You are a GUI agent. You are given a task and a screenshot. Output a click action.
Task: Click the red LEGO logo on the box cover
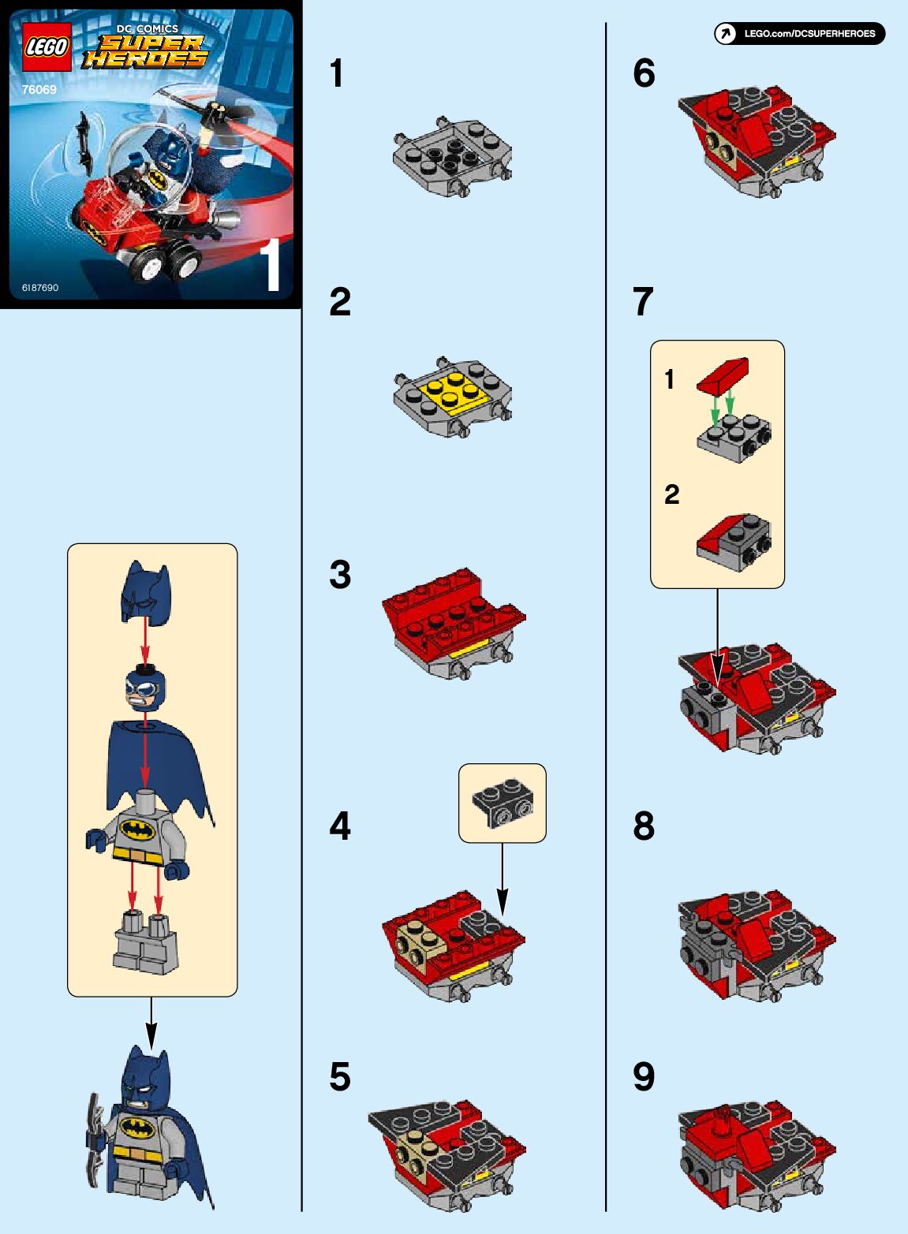click(x=47, y=47)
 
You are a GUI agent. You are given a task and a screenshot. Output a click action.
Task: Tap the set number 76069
click(x=39, y=90)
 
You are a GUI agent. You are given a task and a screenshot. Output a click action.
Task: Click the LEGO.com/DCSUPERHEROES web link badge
click(x=800, y=34)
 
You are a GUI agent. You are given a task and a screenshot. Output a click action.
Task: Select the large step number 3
click(x=340, y=575)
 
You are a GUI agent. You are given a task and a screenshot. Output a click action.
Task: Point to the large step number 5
click(x=340, y=1077)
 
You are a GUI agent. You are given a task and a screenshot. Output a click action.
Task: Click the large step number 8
click(x=644, y=826)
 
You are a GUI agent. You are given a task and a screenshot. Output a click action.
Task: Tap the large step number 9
click(x=644, y=1077)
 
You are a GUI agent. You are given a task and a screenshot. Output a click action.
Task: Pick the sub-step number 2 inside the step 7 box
click(x=671, y=494)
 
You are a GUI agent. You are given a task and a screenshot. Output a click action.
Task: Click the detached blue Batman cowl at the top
click(x=146, y=592)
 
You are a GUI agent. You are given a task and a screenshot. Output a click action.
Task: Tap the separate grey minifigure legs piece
click(x=146, y=942)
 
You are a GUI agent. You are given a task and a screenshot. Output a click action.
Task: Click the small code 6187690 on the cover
click(x=40, y=288)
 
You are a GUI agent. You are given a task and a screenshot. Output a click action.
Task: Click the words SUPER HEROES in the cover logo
click(x=146, y=51)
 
